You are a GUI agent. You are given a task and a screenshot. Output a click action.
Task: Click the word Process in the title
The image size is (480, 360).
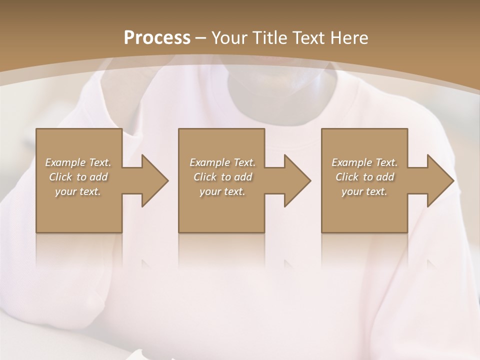[x=157, y=37]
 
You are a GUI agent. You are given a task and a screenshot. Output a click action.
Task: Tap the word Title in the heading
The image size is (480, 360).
[x=270, y=37]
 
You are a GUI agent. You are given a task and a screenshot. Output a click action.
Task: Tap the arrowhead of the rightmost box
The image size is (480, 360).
[x=439, y=180]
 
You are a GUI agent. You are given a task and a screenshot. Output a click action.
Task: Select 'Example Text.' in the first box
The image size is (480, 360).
[x=78, y=162]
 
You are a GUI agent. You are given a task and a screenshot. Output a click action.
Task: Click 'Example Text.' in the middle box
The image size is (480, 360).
[x=222, y=162]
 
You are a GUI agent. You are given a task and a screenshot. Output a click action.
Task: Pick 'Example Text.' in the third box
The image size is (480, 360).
[x=364, y=162]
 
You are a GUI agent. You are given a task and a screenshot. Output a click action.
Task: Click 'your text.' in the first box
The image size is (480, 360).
[x=78, y=191]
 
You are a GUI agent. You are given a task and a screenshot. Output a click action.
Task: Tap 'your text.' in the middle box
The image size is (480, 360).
[x=222, y=191]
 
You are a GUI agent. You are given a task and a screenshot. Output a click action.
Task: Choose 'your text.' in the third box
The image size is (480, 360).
[x=364, y=191]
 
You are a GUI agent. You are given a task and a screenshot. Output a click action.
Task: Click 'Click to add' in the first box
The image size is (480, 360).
[x=78, y=177]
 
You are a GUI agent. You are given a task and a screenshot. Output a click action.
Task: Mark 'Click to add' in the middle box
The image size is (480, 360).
[x=222, y=177]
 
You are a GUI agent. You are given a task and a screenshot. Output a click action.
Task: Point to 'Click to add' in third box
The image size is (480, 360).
[x=364, y=177]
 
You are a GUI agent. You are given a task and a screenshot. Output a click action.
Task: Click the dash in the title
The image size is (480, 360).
[x=201, y=38]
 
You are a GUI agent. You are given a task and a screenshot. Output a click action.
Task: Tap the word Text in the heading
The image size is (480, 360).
[x=308, y=37]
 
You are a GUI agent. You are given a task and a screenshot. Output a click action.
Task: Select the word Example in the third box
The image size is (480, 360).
[x=352, y=162]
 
